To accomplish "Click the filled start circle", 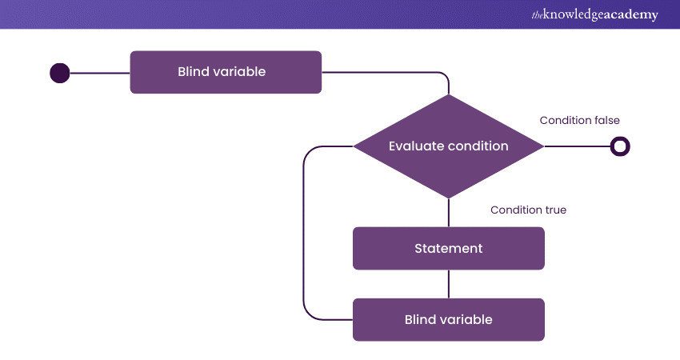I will click(60, 73).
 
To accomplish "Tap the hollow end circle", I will click(620, 146).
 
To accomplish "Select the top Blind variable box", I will click(226, 72).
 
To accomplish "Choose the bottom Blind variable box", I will click(448, 320).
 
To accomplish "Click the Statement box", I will click(448, 248).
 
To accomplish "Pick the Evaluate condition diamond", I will click(448, 146).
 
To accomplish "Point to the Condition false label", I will click(579, 121).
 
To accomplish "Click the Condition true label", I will click(528, 210).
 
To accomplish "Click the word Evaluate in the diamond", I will click(412, 146).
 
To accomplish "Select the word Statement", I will click(448, 248).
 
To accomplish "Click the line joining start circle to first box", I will click(100, 73).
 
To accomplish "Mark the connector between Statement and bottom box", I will click(449, 284).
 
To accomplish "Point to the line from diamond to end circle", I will click(576, 146).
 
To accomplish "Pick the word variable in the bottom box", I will click(466, 320).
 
